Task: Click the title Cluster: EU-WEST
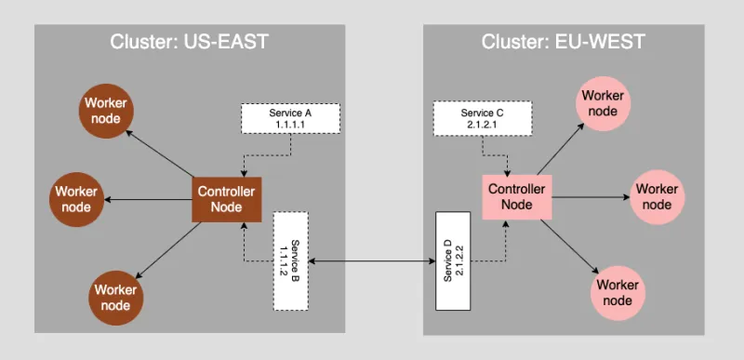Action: click(563, 42)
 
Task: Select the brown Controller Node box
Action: click(227, 198)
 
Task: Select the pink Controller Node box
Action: click(516, 196)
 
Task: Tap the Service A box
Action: click(290, 118)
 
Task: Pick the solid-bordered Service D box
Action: click(454, 260)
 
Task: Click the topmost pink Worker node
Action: click(603, 103)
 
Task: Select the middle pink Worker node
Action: click(657, 196)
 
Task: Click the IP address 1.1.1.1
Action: click(290, 124)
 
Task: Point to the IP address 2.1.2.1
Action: click(483, 124)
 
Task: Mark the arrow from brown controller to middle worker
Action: click(149, 199)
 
